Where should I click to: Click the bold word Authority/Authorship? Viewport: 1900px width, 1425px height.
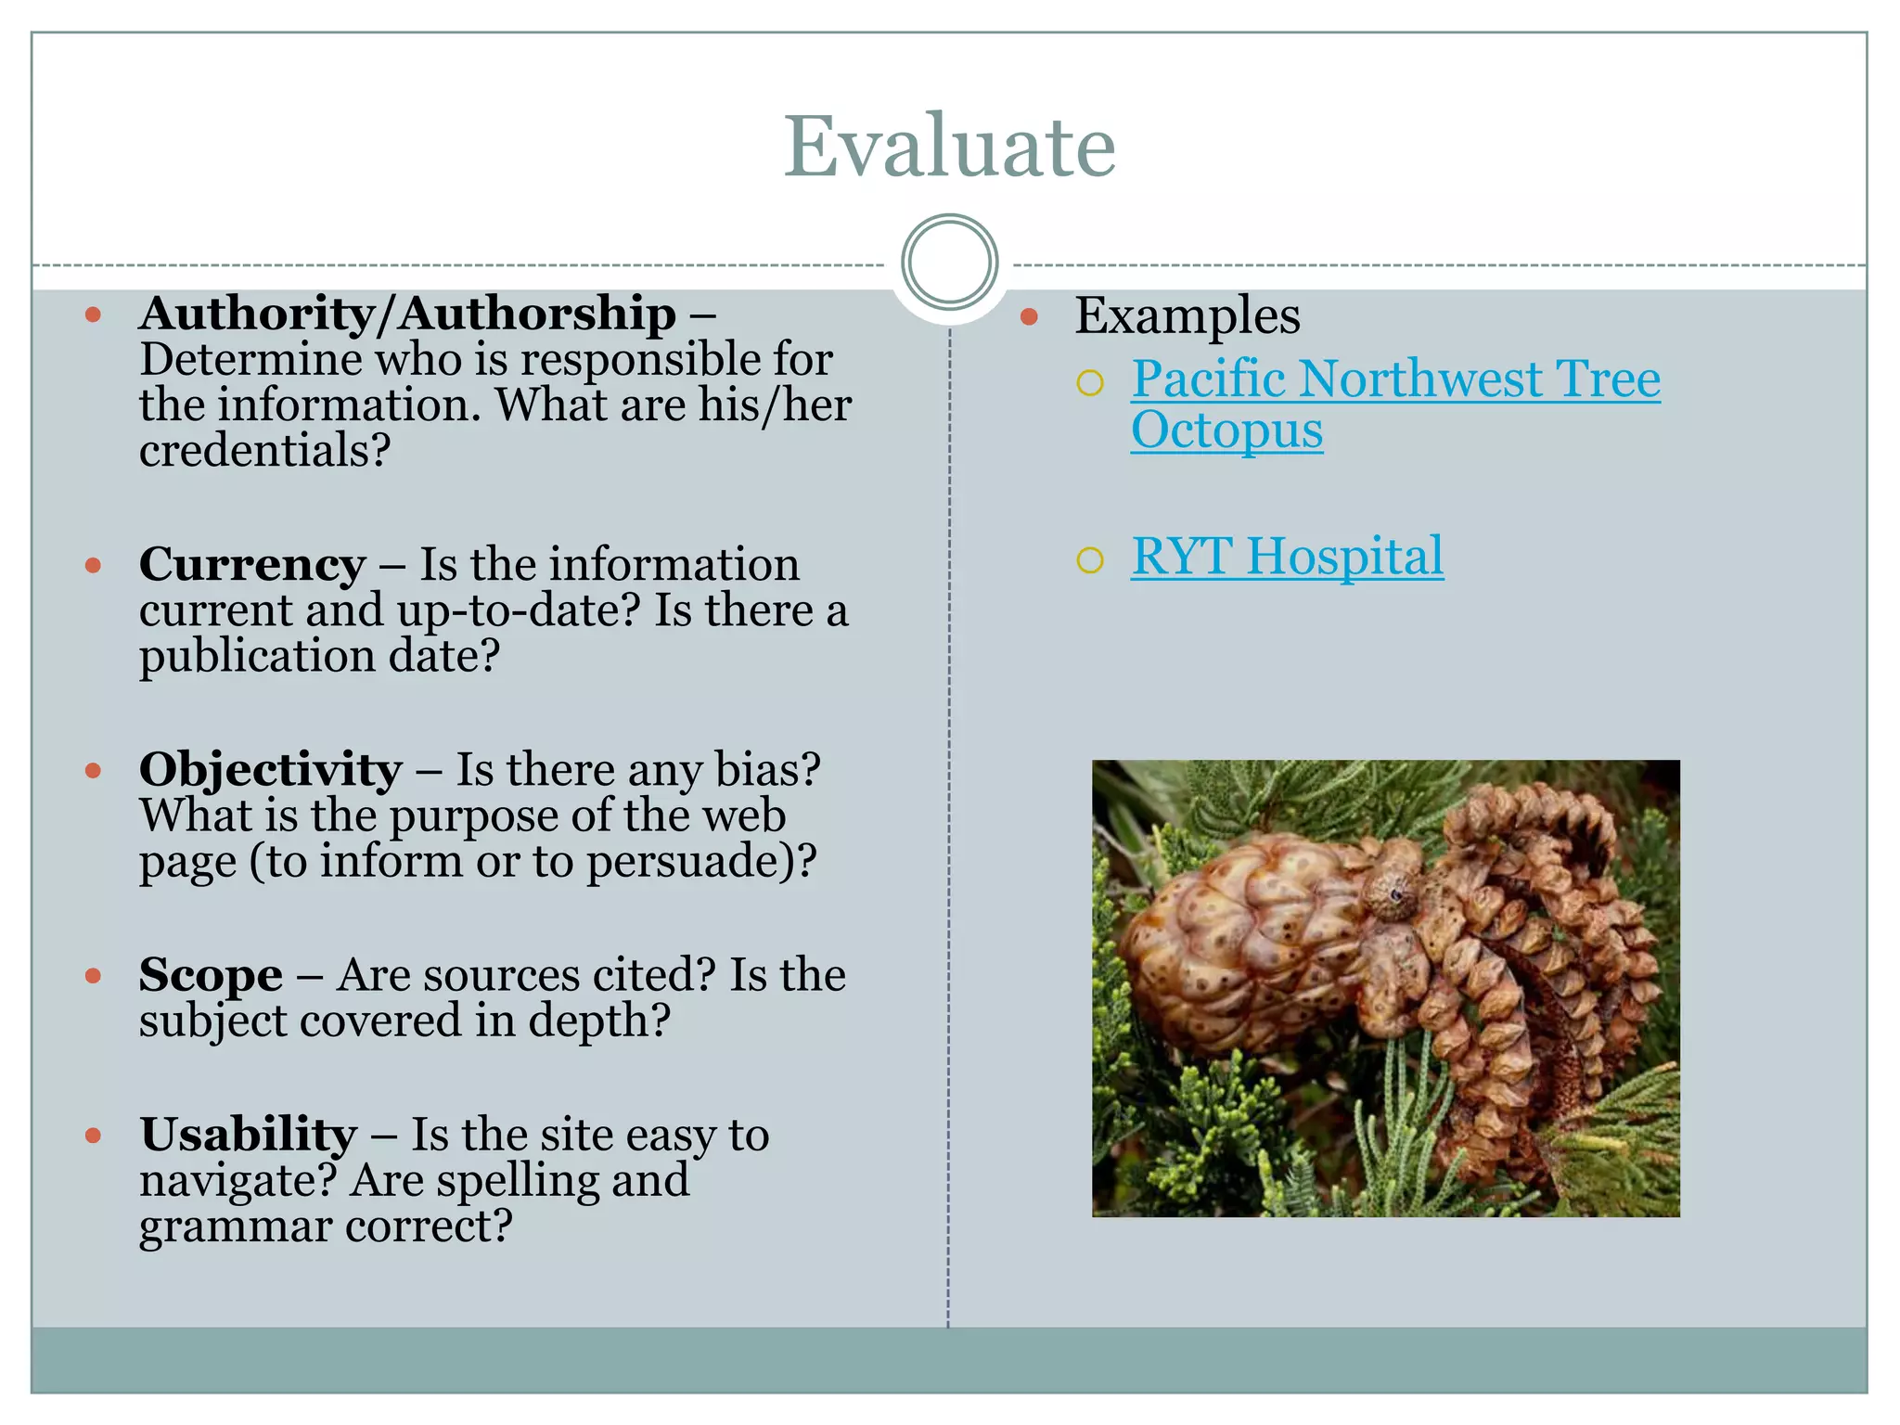click(x=407, y=314)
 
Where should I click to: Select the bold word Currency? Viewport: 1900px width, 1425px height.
click(x=252, y=564)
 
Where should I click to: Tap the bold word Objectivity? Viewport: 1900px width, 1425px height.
click(x=270, y=769)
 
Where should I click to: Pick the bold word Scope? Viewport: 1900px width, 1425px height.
click(x=211, y=975)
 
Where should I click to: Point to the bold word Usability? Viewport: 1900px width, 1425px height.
click(x=248, y=1135)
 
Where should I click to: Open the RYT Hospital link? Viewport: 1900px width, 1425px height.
click(x=1287, y=557)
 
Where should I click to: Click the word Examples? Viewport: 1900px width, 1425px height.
click(x=1187, y=315)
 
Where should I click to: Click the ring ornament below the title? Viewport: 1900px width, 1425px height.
click(x=949, y=263)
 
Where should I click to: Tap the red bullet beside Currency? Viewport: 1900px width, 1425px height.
click(x=93, y=565)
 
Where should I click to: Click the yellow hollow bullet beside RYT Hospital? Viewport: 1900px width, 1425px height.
click(x=1090, y=559)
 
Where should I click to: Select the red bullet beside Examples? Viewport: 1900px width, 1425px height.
click(x=1028, y=317)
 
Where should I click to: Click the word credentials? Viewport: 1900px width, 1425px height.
click(x=264, y=451)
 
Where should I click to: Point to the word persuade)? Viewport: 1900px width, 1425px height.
click(x=700, y=861)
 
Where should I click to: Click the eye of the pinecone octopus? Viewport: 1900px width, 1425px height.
click(x=1395, y=894)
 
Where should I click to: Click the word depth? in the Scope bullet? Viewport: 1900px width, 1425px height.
click(x=598, y=1021)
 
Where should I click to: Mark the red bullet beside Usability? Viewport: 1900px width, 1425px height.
click(x=93, y=1136)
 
